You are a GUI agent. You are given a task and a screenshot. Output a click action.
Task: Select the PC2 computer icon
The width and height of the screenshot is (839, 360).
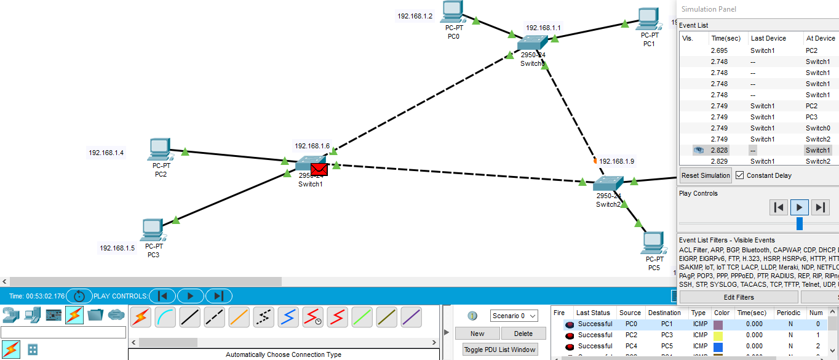coord(159,150)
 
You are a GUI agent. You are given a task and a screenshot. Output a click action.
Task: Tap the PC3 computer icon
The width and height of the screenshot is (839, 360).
coord(152,230)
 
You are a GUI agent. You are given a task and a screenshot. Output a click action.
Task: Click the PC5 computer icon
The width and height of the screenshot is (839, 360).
coord(653,243)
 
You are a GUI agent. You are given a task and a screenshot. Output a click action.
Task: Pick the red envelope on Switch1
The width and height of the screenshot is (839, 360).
coord(319,169)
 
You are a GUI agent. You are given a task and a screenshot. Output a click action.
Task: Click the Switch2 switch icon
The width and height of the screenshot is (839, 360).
coord(608,183)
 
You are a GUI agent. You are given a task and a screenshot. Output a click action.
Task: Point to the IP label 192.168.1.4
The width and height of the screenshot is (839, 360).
coord(106,153)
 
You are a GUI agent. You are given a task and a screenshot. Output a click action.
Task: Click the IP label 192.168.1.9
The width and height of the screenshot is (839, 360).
coord(616,161)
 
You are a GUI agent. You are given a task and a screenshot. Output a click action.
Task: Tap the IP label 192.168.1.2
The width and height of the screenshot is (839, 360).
coord(415,16)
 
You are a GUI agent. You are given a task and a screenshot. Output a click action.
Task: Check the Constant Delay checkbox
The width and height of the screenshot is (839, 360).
coord(740,175)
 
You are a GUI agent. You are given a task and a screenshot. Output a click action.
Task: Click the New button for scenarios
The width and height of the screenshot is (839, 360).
coord(477,334)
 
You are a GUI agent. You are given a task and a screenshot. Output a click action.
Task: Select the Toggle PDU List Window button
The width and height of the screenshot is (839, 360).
coord(500,350)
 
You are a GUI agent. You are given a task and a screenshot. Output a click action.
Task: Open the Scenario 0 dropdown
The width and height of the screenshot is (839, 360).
coord(514,316)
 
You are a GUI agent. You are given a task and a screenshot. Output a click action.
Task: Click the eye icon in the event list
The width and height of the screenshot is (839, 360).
coord(698,150)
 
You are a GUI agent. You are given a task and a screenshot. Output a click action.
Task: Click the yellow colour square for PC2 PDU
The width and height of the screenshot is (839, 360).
coord(717,335)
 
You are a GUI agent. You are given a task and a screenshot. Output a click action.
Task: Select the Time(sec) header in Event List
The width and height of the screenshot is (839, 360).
coord(726,38)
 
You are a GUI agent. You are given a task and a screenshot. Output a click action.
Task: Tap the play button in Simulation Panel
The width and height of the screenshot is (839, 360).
coord(799,207)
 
